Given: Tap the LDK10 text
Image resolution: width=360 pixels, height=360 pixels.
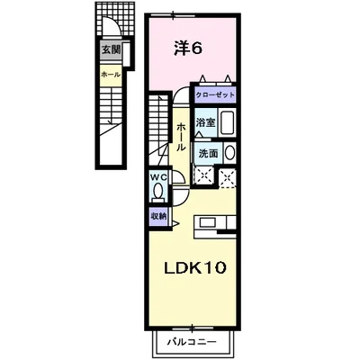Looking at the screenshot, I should pos(199,268).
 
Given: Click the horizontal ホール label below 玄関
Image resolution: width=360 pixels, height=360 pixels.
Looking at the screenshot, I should pos(108,74).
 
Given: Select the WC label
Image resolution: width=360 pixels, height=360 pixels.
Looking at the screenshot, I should pos(158,177).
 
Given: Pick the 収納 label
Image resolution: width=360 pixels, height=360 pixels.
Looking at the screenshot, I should pos(158,216).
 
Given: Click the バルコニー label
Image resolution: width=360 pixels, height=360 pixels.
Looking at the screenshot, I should pos(199,343).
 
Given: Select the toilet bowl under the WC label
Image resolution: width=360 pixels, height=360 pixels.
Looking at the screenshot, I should pos(159,192).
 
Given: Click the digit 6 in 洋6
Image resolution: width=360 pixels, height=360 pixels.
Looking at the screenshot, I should pos(196,48).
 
